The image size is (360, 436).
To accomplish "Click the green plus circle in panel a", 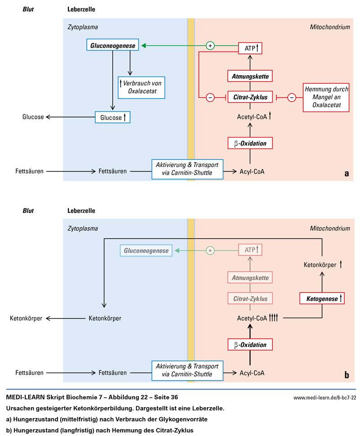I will click(210, 45).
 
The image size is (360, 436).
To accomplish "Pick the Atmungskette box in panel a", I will click(251, 76).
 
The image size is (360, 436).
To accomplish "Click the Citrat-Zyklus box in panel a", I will click(251, 97).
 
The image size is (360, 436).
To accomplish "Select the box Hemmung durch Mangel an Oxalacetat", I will click(325, 97).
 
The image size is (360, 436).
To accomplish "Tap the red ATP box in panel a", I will click(251, 47).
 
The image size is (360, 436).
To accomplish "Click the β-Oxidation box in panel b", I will click(251, 345).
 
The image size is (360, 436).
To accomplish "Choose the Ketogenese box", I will click(322, 298).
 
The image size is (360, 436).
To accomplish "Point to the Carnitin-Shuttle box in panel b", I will click(187, 370).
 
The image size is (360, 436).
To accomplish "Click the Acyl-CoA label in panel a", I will click(251, 171).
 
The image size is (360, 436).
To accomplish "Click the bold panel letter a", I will click(346, 173).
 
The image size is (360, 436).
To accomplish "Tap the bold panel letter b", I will click(346, 374).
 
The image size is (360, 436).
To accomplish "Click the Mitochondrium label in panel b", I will click(330, 229).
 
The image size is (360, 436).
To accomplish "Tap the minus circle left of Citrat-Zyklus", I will click(210, 97).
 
